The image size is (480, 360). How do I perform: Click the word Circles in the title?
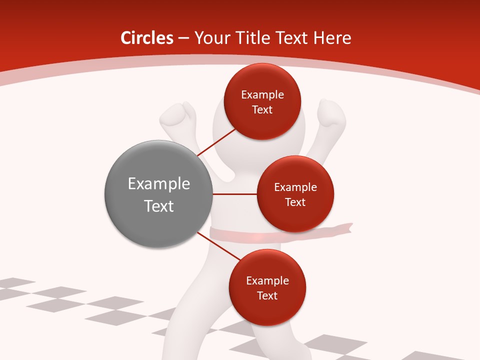[147, 38]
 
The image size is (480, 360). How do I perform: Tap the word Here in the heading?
[331, 38]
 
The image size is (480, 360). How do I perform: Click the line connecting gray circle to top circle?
[217, 142]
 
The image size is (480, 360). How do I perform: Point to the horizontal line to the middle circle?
[234, 194]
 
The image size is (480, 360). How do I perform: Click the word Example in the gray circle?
[159, 184]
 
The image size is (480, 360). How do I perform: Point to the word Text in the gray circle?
[159, 206]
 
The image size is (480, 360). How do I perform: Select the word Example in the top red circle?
[262, 95]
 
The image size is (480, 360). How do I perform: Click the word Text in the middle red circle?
[295, 202]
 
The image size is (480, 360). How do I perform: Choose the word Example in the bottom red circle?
[267, 281]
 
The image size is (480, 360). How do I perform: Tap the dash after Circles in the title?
[183, 38]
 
